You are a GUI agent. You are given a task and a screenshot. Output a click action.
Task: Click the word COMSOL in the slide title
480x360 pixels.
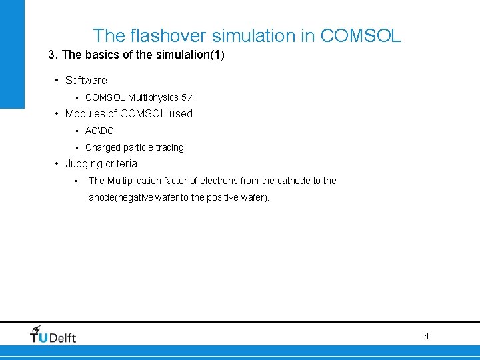pos(361,35)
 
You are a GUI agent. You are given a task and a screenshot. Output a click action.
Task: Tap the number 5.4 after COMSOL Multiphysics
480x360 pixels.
pos(188,97)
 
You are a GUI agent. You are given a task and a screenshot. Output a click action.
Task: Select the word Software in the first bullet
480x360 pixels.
pos(86,80)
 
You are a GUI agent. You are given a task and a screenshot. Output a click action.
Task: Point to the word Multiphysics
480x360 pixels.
pos(153,97)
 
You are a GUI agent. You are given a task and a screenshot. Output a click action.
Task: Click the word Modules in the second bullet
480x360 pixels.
pos(85,113)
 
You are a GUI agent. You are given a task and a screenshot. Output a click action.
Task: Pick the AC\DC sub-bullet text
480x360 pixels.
pos(99,131)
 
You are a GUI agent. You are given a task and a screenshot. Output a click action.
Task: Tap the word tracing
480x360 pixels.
pos(169,147)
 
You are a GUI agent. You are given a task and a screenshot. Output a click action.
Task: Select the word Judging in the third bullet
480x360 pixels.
pos(83,163)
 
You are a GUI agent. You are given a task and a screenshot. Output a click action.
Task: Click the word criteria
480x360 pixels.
pos(121,163)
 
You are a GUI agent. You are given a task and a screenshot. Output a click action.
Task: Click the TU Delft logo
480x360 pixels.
pos(53,335)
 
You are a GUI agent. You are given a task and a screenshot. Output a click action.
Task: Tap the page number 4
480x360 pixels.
pos(427,337)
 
